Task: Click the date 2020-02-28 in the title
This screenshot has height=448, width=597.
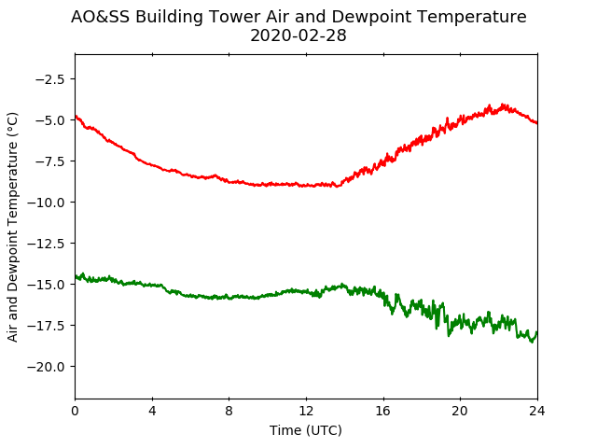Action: point(298,35)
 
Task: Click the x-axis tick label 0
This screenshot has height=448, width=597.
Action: point(75,411)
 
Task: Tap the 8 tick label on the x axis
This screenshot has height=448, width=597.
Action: point(229,411)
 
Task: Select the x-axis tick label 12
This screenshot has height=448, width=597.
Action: point(306,411)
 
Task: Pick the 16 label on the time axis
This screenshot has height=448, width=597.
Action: point(383,411)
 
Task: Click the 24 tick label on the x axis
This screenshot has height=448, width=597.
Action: point(537,411)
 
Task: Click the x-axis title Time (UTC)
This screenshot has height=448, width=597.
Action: point(306,430)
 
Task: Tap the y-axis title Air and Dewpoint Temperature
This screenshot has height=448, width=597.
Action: point(12,227)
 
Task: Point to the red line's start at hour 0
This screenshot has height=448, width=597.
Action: point(76,116)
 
